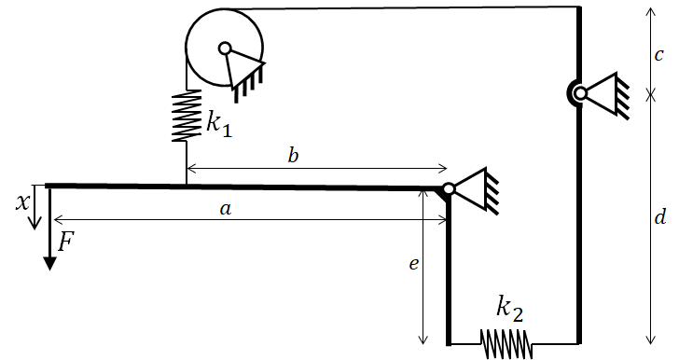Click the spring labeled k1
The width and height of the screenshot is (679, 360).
coord(187,116)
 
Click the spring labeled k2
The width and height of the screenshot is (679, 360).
coord(506,344)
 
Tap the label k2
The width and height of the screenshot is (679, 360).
coord(509,309)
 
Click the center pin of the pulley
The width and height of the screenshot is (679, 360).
coord(225,48)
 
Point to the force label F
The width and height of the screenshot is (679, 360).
coord(66,242)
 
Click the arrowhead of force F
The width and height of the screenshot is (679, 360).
coord(50,263)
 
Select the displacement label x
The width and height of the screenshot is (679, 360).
coord(22,202)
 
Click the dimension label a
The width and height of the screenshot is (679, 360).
coord(226,210)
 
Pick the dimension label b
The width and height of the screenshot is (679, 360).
coord(293,155)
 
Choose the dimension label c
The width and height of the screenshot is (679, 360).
coord(658,55)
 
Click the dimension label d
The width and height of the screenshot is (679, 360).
coord(659,216)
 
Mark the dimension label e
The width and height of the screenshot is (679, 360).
coord(414,263)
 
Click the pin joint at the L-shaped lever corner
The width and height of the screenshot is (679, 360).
coord(449,189)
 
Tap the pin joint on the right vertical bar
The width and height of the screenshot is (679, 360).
coord(581,93)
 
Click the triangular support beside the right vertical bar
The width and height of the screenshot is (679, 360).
coord(604,95)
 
